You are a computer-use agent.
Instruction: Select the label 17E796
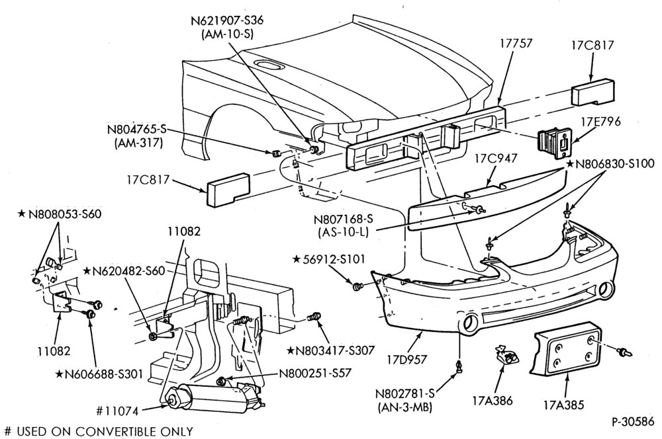pyautogui.click(x=601, y=122)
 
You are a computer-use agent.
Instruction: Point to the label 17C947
pyautogui.click(x=496, y=159)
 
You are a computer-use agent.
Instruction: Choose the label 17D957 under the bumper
pyautogui.click(x=407, y=360)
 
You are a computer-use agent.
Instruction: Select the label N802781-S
pyautogui.click(x=405, y=394)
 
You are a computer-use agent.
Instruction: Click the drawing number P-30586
pyautogui.click(x=633, y=421)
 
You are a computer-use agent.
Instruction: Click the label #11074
pyautogui.click(x=117, y=411)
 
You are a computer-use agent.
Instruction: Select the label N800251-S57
pyautogui.click(x=315, y=373)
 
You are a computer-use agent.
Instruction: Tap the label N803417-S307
pyautogui.click(x=331, y=350)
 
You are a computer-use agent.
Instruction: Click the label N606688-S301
pyautogui.click(x=99, y=374)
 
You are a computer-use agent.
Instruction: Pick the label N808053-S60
pyautogui.click(x=60, y=214)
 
